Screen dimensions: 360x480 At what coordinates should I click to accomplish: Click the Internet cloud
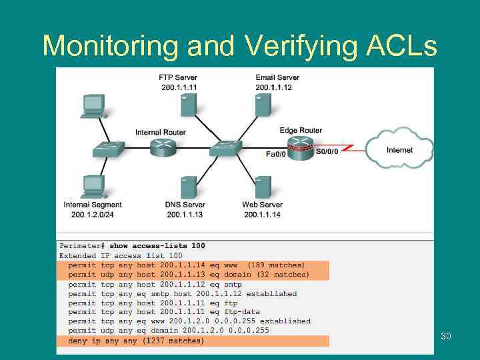[399, 149]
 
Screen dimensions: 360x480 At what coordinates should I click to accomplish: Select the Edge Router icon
[301, 147]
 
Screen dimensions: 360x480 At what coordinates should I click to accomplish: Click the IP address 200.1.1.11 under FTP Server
[179, 87]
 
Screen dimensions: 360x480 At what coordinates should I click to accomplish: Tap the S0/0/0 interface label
[327, 151]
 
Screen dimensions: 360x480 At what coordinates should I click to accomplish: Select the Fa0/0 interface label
[275, 154]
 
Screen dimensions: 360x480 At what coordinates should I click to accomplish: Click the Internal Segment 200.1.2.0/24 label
[93, 209]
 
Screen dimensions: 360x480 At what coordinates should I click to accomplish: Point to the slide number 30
[445, 336]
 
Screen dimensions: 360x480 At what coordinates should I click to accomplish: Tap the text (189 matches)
[275, 265]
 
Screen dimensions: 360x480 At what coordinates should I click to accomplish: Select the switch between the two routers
[225, 148]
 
